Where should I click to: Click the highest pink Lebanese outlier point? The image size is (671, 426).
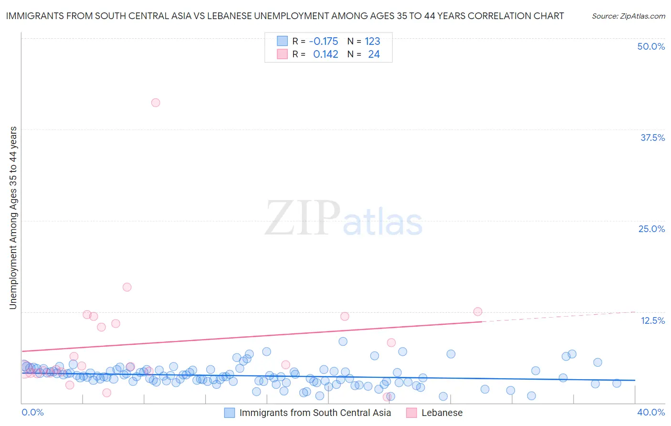pos(156,103)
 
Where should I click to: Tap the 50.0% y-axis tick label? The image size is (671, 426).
pos(651,46)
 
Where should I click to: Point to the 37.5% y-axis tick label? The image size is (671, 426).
pos(652,138)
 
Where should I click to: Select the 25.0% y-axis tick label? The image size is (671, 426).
pos(651,229)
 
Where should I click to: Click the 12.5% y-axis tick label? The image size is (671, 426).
pos(652,320)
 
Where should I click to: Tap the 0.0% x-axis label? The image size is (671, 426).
pos(32,412)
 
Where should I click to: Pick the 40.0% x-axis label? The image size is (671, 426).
pos(651,412)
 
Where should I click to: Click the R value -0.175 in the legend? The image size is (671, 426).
pos(324,42)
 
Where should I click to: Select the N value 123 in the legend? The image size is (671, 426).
pos(372,42)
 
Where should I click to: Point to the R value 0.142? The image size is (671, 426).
pos(325,54)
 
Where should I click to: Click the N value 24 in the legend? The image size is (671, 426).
pos(374,54)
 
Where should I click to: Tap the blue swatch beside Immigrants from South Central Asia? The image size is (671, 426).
pos(230,413)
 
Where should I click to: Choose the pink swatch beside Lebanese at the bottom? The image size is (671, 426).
pos(411,413)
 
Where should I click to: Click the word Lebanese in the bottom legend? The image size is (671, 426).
pos(442,413)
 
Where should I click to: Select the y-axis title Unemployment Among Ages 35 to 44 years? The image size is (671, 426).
pos(13,218)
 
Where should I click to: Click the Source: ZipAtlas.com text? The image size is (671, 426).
pos(629,16)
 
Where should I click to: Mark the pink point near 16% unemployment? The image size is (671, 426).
pos(127,287)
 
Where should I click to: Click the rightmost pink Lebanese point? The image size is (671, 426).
pos(478,311)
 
